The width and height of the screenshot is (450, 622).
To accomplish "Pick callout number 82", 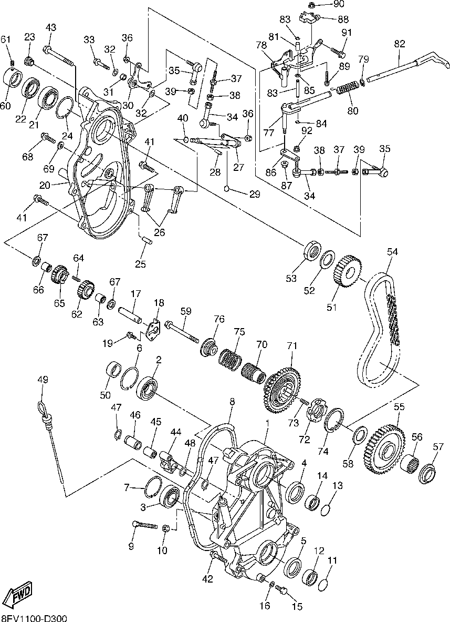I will (400, 44).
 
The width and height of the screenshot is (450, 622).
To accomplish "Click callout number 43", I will (51, 28).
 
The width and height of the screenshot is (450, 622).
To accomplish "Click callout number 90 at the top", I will (339, 4).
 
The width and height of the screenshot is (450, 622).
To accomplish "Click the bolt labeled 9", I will (144, 524).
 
